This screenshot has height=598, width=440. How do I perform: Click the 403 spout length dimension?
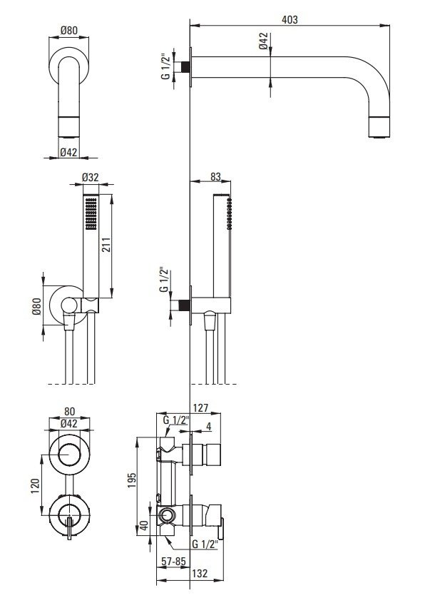(290, 20)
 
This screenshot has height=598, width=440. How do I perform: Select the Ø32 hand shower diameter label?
(91, 178)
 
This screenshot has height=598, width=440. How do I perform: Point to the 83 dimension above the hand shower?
(215, 177)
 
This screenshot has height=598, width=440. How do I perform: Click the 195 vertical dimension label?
(131, 480)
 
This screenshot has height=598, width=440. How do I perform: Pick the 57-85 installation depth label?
(173, 562)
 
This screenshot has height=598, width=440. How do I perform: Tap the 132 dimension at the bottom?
(200, 573)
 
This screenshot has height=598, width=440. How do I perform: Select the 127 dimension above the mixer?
(200, 407)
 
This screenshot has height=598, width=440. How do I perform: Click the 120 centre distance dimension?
(35, 485)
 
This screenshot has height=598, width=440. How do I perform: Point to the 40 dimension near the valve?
(144, 525)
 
